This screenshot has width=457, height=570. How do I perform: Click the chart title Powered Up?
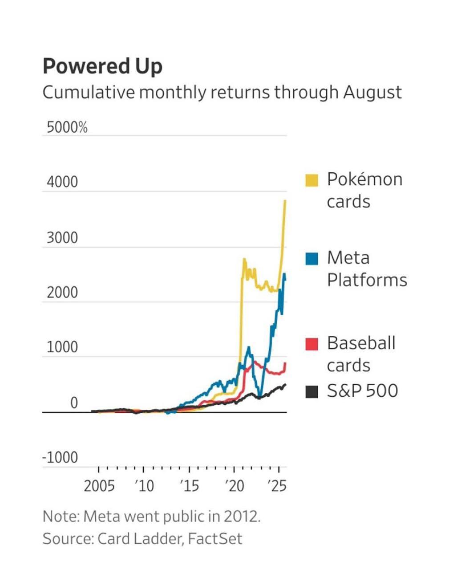102,66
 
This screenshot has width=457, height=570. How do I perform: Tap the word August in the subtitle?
372,93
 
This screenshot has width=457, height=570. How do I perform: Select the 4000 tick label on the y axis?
62,182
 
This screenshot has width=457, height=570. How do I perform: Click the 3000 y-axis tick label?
62,238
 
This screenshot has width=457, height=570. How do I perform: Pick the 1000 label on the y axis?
62,347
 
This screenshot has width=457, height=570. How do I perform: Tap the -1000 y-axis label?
60,457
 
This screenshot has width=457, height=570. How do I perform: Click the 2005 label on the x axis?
99,486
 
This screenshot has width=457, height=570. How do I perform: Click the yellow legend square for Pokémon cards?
311,180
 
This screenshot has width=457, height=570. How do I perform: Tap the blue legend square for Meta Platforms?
311,258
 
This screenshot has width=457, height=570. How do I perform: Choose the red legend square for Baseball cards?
311,344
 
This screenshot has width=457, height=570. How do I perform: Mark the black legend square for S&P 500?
311,391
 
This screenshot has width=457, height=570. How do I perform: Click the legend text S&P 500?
362,391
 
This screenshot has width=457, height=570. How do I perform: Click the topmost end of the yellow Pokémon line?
285,201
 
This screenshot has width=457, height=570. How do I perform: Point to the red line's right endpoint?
285,363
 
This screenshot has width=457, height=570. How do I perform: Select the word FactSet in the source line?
215,539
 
